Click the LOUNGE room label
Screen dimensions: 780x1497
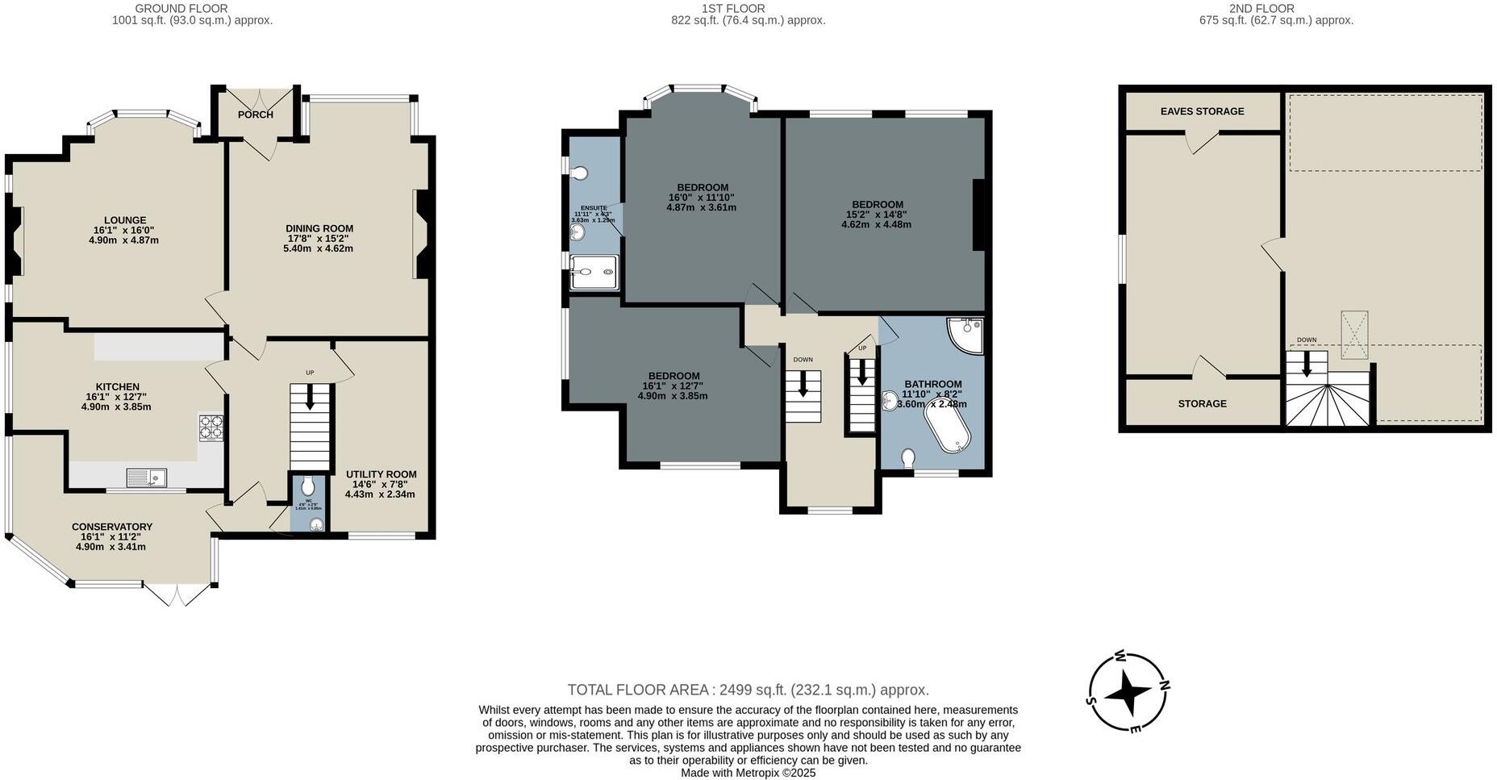point(125,220)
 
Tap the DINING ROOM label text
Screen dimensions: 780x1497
point(319,228)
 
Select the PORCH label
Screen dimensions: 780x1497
point(255,115)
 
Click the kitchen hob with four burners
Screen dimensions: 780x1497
point(211,427)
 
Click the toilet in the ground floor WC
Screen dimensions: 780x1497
point(307,486)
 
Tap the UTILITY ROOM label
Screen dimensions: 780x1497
point(381,474)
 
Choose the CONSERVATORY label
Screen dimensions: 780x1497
point(111,527)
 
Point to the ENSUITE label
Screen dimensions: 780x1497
point(594,208)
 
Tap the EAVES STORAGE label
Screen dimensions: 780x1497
point(1202,111)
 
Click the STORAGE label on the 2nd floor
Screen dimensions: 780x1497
point(1202,403)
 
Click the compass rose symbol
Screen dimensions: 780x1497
point(1129,693)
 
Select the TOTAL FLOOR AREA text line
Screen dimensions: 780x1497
point(748,690)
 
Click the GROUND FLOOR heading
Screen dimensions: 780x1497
point(192,9)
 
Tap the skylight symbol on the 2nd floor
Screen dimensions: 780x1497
point(1354,334)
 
